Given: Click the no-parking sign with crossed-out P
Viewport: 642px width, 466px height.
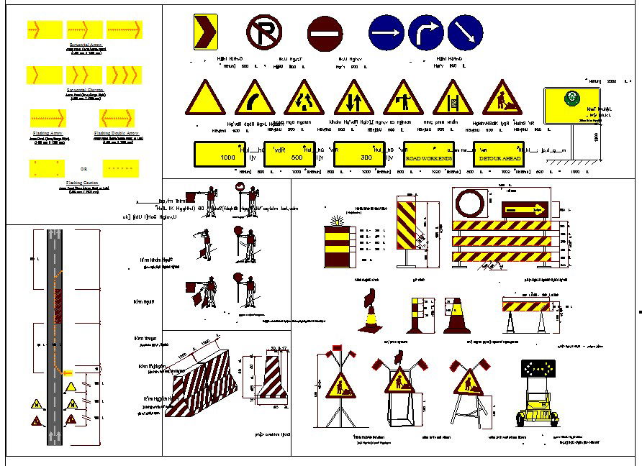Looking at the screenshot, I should (x=264, y=32).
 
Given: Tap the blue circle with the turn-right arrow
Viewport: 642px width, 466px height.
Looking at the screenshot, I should (x=426, y=32).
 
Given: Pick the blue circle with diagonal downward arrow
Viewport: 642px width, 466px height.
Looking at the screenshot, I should (x=465, y=32).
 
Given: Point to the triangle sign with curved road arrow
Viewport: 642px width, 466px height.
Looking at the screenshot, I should (x=255, y=99).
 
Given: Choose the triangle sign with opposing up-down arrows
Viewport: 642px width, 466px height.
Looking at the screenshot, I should (x=353, y=99).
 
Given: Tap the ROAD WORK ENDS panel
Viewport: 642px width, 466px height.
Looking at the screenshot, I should (x=429, y=155).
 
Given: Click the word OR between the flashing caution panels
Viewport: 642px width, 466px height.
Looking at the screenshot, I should (x=84, y=168).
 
